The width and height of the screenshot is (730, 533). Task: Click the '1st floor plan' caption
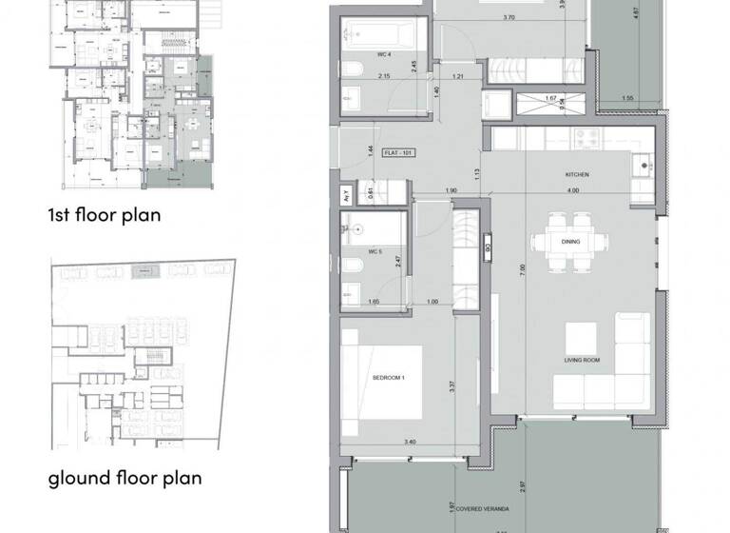tap(105, 215)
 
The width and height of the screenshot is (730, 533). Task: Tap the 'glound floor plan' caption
tap(125, 477)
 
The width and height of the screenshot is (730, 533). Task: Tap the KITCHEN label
tap(577, 175)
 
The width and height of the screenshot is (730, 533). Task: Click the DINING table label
tap(570, 242)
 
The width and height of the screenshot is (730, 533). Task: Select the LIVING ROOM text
tap(582, 361)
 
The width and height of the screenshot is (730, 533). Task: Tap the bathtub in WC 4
tap(380, 32)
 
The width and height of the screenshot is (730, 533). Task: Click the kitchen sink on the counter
tap(644, 166)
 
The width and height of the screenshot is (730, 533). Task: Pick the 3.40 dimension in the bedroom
tap(382, 442)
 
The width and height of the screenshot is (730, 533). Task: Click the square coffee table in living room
tap(582, 337)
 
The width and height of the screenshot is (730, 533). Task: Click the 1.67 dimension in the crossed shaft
tap(550, 98)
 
